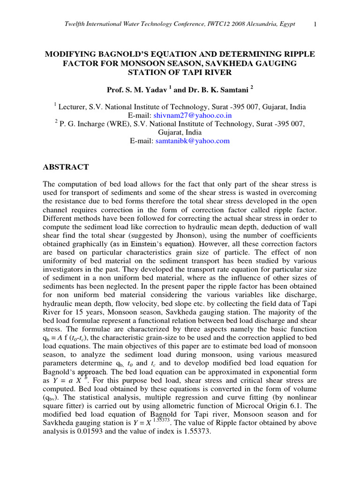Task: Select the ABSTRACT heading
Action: [66, 167]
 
